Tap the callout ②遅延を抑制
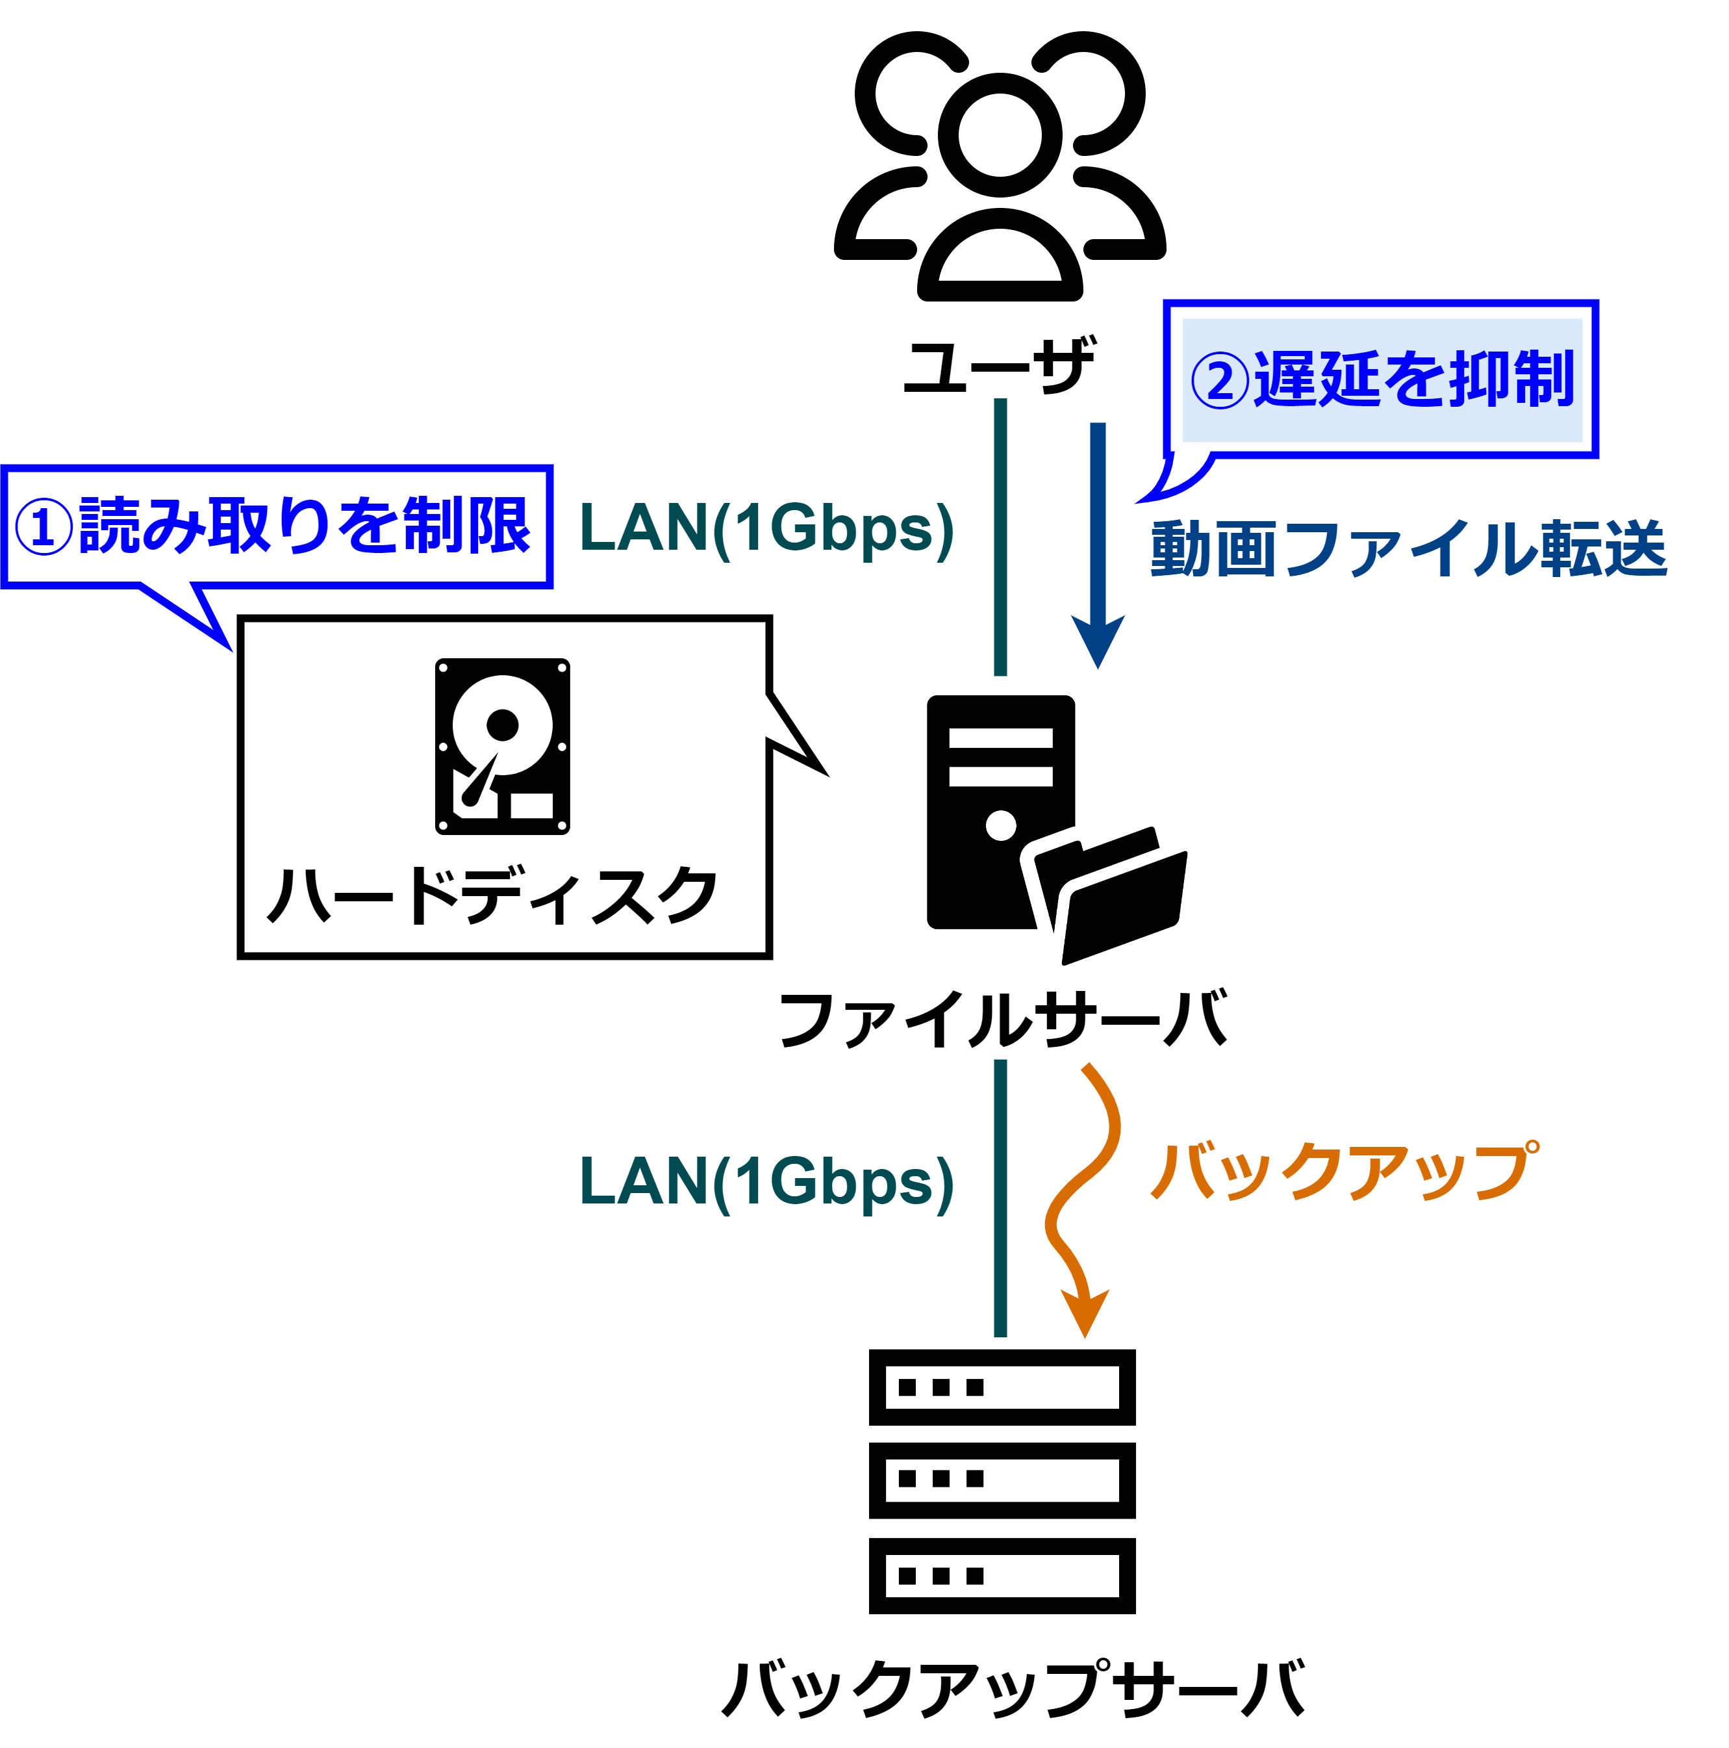[x=1381, y=379]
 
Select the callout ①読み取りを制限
[x=277, y=526]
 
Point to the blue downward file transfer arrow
[x=1098, y=545]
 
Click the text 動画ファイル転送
[x=1408, y=549]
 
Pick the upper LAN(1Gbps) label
[x=766, y=530]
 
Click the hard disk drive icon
[x=502, y=747]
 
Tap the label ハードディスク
[x=493, y=895]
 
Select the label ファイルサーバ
[x=1003, y=1019]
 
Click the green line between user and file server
[x=1000, y=537]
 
